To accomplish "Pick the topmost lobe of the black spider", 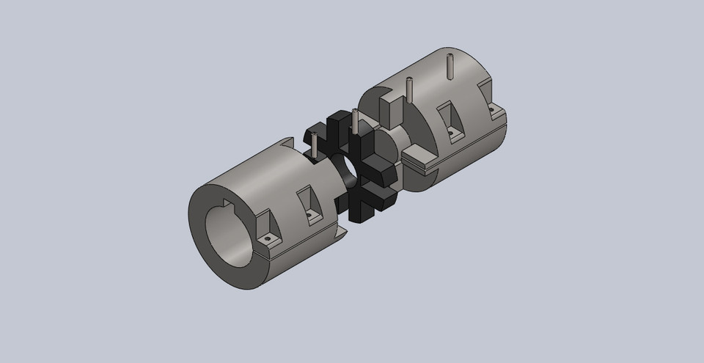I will [x=340, y=120].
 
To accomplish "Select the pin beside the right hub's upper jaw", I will [x=409, y=89].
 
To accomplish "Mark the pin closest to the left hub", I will [x=313, y=144].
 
